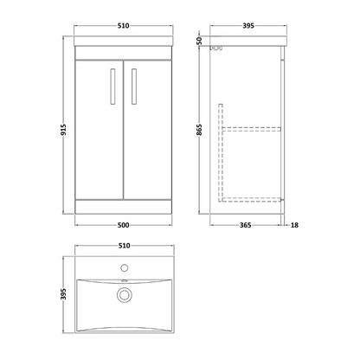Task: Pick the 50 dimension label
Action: coord(200,42)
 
